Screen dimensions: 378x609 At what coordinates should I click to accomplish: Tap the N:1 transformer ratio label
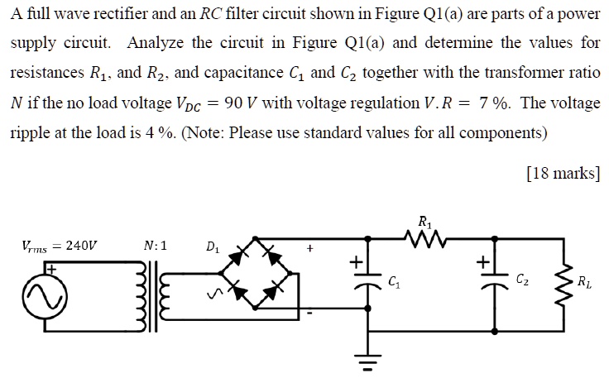point(155,246)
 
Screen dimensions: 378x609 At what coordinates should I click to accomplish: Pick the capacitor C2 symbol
point(494,281)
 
